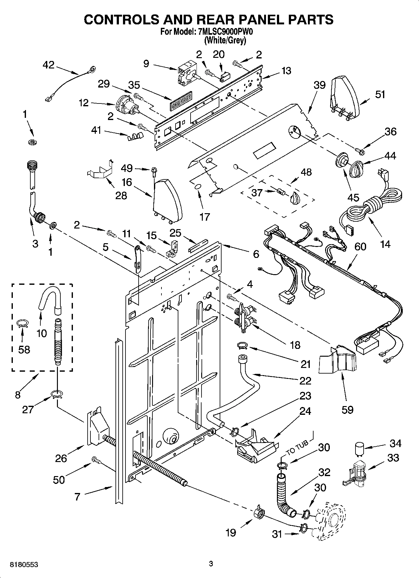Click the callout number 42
point(49,65)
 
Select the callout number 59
point(347,409)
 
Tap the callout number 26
point(61,458)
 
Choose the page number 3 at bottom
point(211,564)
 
